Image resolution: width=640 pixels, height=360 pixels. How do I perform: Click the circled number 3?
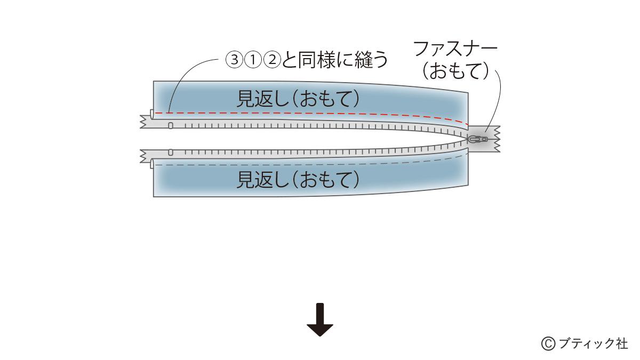[x=234, y=60]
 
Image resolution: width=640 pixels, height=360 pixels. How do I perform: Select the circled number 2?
[x=273, y=60]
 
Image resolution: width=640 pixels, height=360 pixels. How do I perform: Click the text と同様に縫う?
[x=335, y=60]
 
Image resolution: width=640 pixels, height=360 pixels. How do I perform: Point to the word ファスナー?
[x=455, y=49]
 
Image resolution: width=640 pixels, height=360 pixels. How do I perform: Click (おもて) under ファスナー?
[x=455, y=71]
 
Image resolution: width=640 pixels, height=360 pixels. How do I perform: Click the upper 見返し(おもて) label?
[x=298, y=99]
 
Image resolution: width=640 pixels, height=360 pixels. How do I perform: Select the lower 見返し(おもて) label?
[x=298, y=179]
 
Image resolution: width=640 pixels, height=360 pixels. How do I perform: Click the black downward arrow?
[x=320, y=319]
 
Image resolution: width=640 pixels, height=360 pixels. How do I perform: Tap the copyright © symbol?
[x=548, y=343]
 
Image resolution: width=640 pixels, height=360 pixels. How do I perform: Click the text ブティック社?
[x=593, y=343]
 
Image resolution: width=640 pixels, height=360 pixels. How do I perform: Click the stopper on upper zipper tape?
[x=171, y=125]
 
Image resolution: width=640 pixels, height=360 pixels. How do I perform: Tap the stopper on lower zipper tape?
[x=171, y=153]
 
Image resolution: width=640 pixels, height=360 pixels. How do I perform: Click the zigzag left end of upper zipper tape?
[x=143, y=122]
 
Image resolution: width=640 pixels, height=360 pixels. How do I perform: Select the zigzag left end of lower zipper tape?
[x=143, y=156]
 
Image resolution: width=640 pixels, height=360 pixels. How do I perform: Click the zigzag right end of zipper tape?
[x=497, y=139]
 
